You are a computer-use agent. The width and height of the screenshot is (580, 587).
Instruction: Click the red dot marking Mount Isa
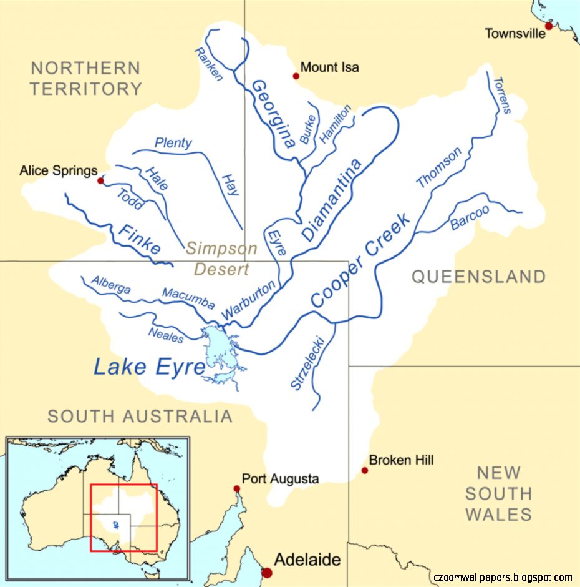[296, 76]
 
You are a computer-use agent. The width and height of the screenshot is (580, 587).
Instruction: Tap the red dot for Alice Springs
[100, 180]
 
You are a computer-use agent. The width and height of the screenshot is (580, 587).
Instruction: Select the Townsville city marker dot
[549, 26]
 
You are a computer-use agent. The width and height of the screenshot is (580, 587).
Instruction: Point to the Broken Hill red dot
[365, 470]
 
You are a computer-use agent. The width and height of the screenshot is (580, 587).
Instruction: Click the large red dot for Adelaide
[268, 572]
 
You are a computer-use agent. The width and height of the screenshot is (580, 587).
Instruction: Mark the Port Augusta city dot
[237, 489]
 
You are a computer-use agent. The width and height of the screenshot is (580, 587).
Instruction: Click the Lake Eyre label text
[149, 367]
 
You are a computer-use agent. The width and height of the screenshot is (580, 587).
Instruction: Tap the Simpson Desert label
[221, 259]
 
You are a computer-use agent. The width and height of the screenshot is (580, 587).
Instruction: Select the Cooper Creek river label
[361, 260]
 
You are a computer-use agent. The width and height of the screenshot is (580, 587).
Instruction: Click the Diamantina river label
[332, 200]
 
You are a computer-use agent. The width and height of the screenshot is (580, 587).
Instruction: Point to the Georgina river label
[273, 114]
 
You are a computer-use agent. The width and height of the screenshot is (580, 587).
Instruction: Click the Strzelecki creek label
[307, 363]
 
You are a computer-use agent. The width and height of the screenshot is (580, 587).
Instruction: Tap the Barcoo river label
[470, 217]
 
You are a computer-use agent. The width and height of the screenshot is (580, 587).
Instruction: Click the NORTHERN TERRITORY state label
[86, 78]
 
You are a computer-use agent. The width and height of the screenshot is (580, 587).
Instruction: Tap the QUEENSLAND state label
[478, 277]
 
